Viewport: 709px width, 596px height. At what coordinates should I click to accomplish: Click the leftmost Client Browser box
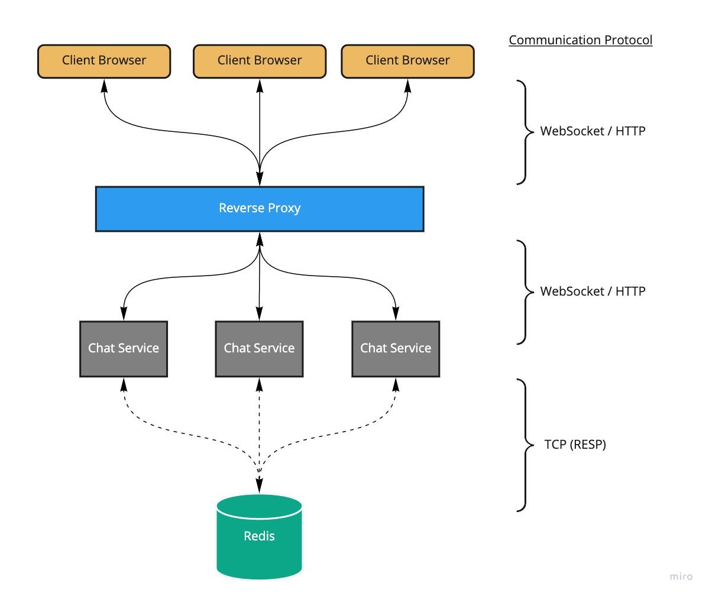104,61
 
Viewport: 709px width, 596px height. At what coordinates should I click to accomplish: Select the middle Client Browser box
260,61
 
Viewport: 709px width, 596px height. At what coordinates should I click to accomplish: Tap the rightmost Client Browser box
407,61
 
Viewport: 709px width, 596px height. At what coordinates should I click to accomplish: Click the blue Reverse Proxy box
260,209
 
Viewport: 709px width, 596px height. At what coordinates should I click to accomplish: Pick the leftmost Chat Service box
124,349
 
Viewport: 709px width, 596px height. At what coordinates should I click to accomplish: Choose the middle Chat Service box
259,349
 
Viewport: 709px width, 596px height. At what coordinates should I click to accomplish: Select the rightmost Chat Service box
396,349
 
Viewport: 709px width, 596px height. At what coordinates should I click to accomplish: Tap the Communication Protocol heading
580,40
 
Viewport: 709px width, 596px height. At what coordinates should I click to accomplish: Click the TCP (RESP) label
575,445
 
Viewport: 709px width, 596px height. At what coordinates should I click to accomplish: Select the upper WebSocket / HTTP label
593,131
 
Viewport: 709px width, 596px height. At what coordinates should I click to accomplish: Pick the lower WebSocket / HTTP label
593,291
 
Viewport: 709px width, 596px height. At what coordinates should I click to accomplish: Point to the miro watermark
681,576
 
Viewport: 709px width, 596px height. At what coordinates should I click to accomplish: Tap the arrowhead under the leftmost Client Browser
105,85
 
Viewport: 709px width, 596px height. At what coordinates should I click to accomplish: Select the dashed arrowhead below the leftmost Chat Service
124,385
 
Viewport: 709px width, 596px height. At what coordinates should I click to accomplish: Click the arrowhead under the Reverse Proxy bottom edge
260,238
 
